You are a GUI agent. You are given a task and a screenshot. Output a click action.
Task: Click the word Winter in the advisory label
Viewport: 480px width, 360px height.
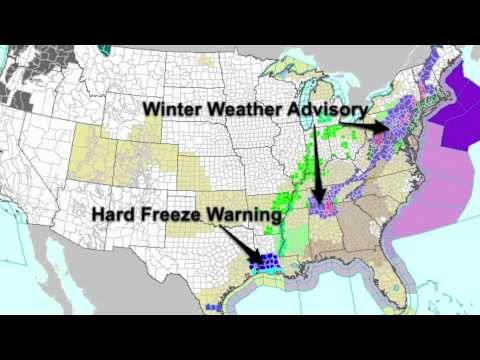[x=171, y=107]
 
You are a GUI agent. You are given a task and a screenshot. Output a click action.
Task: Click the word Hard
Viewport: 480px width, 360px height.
[x=114, y=213]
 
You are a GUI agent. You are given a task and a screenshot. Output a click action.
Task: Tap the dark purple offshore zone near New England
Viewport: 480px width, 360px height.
[x=455, y=110]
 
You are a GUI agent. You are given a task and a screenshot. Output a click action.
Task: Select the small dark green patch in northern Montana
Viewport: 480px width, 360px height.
[x=108, y=46]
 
